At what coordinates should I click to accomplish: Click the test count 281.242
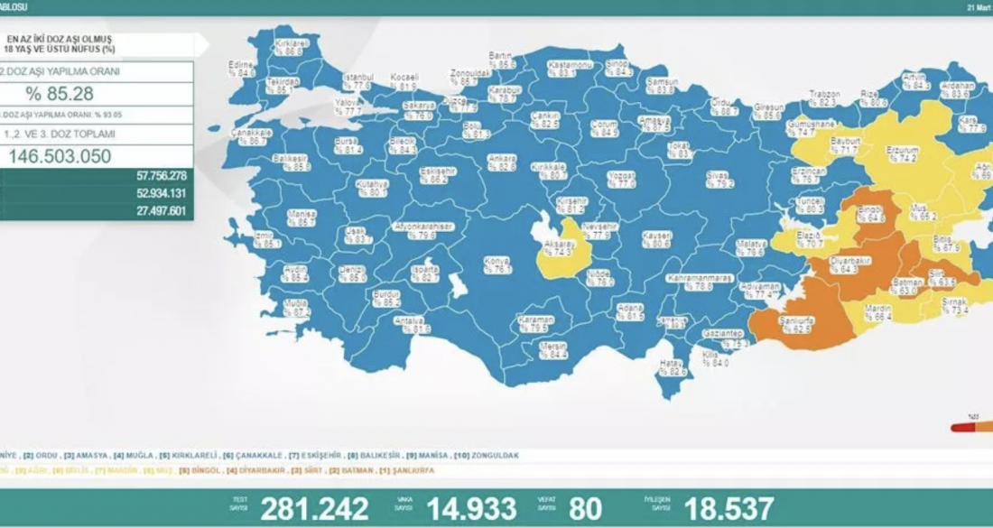314,508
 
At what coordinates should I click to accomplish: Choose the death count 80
586,508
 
